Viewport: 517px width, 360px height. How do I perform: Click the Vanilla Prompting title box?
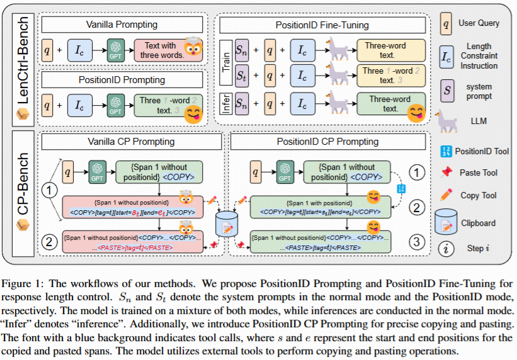pos(122,25)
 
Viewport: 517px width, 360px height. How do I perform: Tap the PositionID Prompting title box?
pos(122,80)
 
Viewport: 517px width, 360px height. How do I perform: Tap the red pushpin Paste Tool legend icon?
pos(446,172)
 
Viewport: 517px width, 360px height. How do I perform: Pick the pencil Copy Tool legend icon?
pos(446,195)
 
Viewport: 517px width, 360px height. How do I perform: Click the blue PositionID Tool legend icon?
pos(446,151)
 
